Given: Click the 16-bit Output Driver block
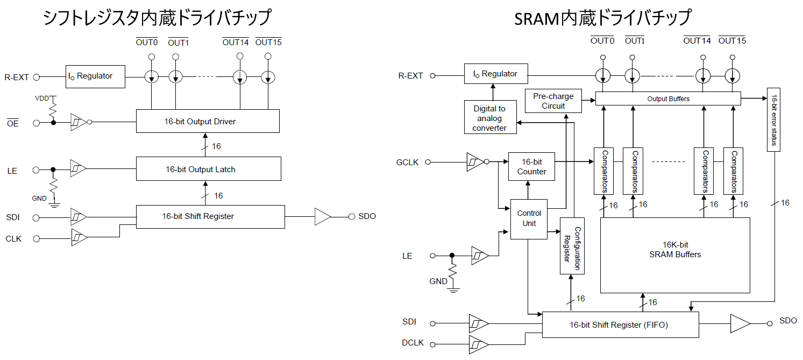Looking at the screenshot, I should coord(208,121).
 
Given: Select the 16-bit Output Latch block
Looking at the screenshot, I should coord(208,169).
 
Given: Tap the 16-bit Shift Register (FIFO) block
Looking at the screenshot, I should coord(620,324).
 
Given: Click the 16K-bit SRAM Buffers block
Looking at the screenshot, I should coord(675,255).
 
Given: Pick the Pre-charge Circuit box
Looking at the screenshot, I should coord(553,101).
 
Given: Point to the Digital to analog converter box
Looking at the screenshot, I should coord(489,118).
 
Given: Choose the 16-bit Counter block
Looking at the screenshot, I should coord(531,167).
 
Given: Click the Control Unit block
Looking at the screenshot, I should coord(529,218).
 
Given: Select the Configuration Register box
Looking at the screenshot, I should coord(572,246).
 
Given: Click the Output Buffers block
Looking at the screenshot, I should coord(668,98).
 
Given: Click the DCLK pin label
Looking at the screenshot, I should coord(413,343).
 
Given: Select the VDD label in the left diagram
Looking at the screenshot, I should coord(41,99).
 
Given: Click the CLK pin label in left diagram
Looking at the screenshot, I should coord(13,238).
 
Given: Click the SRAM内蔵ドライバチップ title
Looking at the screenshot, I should coord(602,18).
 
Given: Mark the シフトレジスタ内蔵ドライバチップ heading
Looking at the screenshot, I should coord(157,18).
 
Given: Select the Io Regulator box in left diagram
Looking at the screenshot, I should coord(95,76).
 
